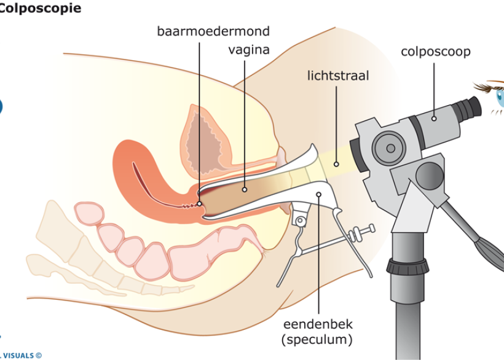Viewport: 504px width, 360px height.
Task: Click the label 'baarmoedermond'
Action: (213, 31)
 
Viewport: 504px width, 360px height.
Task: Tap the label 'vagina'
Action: (248, 50)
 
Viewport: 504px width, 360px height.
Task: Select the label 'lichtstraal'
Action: (338, 76)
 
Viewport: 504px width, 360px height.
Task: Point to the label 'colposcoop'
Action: (435, 52)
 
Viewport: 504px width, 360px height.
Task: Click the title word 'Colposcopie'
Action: (39, 9)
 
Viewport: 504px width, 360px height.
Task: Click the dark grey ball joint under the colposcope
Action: (429, 176)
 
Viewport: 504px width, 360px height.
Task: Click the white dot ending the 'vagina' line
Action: (245, 189)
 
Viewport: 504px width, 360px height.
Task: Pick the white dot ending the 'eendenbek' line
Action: (319, 194)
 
